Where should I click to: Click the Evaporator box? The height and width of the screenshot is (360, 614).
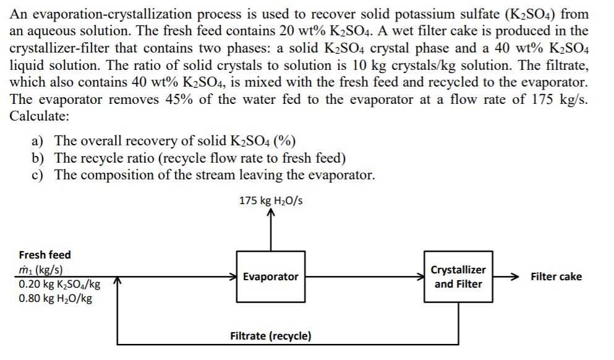pos(270,276)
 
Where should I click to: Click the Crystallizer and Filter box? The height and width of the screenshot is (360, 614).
pos(458,276)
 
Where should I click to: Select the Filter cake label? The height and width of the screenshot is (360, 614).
pos(555,276)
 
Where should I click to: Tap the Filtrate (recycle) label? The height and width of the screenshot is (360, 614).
pos(270,336)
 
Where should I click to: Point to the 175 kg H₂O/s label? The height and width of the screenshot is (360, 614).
pos(270,200)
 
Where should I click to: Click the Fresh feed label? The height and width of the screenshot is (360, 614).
pos(45,254)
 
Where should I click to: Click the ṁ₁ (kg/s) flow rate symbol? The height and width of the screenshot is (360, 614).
pos(40,270)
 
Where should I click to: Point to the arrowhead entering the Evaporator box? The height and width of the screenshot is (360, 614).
pos(232,276)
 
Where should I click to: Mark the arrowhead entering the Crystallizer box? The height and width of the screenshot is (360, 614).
pos(420,276)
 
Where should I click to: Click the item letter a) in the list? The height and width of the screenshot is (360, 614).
pos(38,140)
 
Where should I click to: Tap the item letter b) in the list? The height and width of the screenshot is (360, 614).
pos(38,158)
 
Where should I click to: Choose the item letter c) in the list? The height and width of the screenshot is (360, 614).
pos(38,174)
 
